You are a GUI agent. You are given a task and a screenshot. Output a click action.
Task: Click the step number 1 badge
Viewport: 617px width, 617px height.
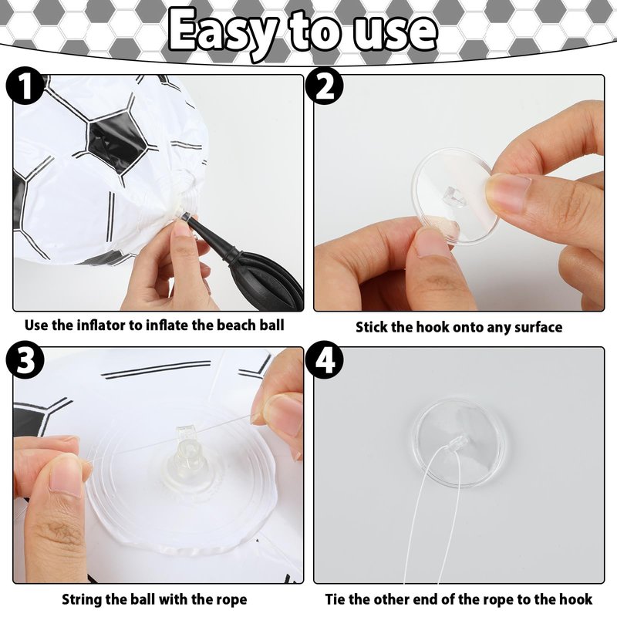pyautogui.click(x=25, y=86)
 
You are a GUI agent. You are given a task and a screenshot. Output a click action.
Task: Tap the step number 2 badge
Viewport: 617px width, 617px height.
pyautogui.click(x=324, y=86)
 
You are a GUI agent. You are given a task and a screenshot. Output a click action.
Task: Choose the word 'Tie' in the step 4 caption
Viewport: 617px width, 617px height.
pyautogui.click(x=335, y=599)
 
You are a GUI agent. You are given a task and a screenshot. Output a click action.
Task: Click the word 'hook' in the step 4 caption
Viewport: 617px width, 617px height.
pyautogui.click(x=578, y=599)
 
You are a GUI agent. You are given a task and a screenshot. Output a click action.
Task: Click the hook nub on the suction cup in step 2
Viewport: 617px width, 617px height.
pyautogui.click(x=453, y=196)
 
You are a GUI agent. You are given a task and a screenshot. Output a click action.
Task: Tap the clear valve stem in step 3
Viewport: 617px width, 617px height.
pyautogui.click(x=188, y=449)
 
